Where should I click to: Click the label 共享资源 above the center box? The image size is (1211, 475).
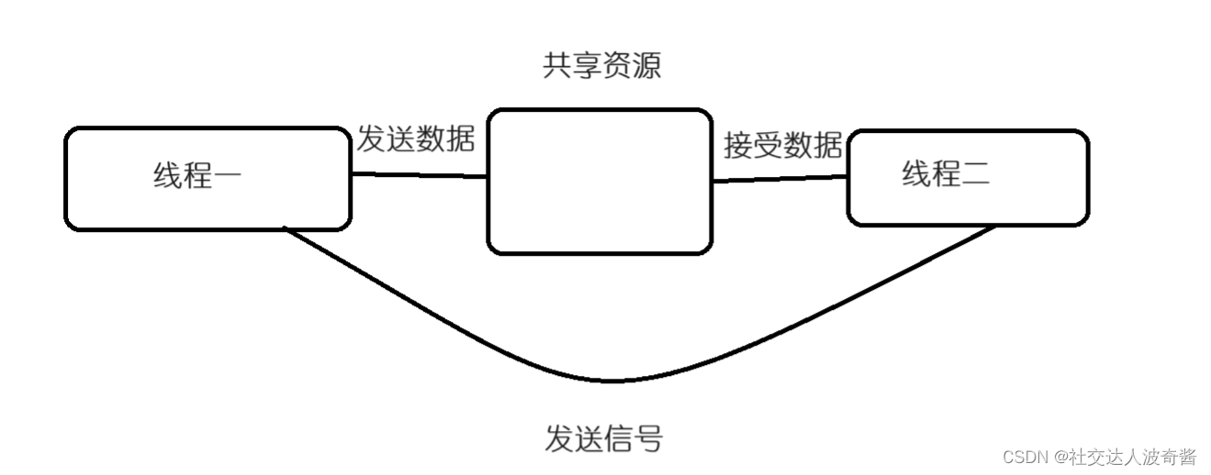(601, 66)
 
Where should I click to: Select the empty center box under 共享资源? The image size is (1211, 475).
(600, 182)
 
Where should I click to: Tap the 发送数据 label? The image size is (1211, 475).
(415, 139)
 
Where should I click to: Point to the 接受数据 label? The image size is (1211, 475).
(782, 145)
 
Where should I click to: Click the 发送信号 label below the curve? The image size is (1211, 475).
(602, 438)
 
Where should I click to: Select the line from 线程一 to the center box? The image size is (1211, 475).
(419, 174)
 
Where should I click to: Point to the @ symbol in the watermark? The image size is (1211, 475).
(1060, 457)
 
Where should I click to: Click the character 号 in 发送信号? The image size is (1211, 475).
(647, 438)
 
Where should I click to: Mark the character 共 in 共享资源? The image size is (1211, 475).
(557, 66)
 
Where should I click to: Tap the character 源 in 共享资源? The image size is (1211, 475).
(646, 66)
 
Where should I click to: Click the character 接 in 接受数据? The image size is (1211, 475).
(738, 145)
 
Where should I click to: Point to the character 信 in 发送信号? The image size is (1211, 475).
(618, 438)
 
